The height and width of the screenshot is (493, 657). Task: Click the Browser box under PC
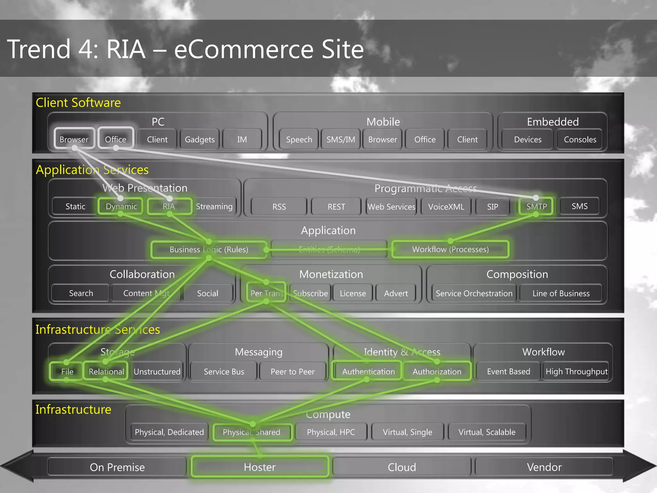(74, 139)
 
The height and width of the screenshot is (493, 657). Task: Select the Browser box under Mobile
(382, 139)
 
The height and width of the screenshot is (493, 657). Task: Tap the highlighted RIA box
(169, 206)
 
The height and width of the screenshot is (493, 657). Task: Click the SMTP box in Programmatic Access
(536, 206)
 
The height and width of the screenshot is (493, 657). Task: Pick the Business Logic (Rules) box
(209, 249)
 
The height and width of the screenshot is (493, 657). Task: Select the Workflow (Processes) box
(450, 249)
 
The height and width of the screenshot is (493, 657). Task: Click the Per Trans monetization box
(266, 293)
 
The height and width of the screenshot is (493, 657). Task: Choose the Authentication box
(368, 371)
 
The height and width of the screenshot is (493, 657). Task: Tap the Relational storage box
(106, 371)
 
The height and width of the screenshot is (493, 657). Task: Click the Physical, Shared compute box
(252, 432)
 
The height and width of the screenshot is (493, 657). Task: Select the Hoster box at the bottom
(260, 467)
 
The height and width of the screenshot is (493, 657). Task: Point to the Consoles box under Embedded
(580, 139)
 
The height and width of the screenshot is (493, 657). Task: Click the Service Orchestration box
(474, 293)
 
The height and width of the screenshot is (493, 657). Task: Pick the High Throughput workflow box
(576, 371)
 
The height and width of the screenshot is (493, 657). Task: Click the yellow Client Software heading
(78, 103)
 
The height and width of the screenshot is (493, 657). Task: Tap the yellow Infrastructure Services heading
(98, 330)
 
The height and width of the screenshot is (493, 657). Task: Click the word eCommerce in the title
(244, 49)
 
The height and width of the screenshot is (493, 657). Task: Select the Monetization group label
(331, 274)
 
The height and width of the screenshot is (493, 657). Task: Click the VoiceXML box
(446, 207)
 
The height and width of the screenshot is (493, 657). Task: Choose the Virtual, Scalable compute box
(487, 432)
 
